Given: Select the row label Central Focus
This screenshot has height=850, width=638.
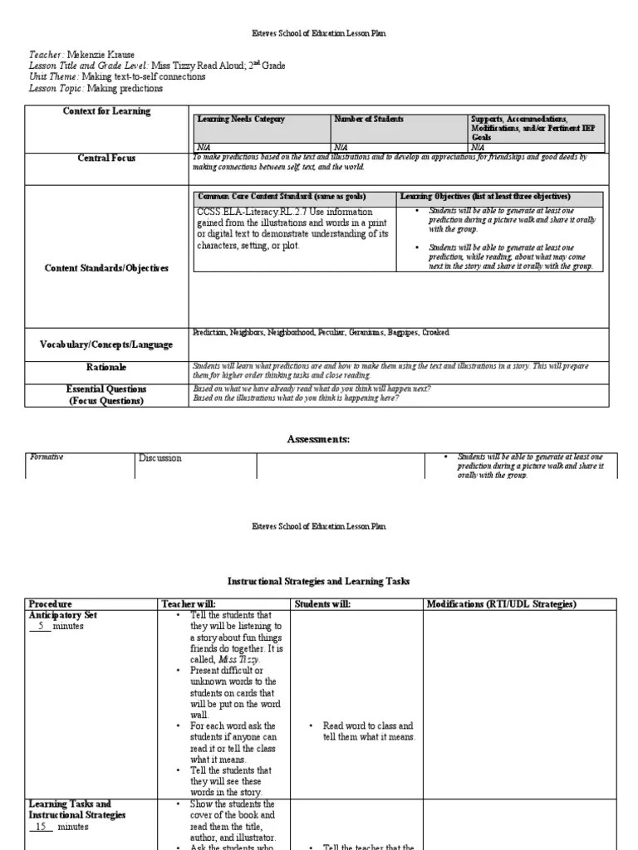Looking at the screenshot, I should (x=106, y=158).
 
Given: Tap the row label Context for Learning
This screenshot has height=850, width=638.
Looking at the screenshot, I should (x=107, y=111).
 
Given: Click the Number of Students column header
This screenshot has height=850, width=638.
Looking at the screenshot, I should (x=369, y=120).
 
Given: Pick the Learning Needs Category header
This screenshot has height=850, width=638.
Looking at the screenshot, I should (x=241, y=120).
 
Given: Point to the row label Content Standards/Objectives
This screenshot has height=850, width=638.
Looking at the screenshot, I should (x=106, y=268).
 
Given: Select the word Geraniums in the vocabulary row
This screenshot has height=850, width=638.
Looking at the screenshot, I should (x=360, y=332).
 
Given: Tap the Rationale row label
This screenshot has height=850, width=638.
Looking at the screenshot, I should (x=106, y=367).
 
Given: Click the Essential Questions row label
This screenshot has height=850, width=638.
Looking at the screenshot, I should (x=106, y=388).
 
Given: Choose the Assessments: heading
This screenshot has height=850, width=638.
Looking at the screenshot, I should (x=319, y=439).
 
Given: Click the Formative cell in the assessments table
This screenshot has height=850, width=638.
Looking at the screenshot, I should (x=47, y=457).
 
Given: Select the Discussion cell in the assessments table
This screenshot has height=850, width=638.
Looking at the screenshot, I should (x=159, y=457).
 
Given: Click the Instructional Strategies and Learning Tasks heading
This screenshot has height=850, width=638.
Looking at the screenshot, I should (x=319, y=582).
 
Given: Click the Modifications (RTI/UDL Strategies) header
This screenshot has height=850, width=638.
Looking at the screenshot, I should (x=501, y=603).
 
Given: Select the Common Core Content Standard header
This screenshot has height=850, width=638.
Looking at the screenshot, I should (x=281, y=197).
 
